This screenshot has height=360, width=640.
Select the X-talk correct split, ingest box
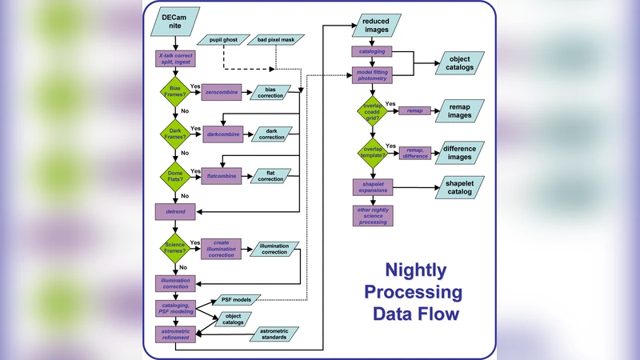(177, 60)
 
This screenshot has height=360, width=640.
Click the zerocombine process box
(223, 94)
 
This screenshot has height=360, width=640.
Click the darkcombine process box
(223, 133)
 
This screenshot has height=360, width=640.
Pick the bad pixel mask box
(276, 39)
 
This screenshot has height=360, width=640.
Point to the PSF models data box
(236, 300)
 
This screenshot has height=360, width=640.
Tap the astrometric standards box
(274, 334)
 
